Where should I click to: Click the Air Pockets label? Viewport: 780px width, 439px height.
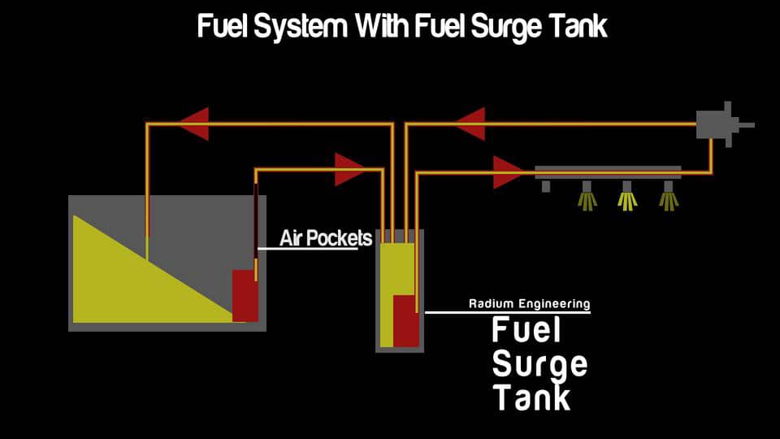pos(326,238)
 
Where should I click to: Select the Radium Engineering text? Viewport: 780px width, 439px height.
pos(529,303)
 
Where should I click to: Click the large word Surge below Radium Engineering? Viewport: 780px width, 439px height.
pos(539,364)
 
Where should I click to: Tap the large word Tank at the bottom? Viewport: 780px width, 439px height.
pos(531,398)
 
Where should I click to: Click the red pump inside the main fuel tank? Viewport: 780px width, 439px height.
pos(245,295)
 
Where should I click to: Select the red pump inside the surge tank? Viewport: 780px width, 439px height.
pos(405,321)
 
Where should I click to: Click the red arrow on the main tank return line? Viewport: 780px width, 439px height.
pos(193,124)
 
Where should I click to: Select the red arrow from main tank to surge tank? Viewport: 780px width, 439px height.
pos(349,169)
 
